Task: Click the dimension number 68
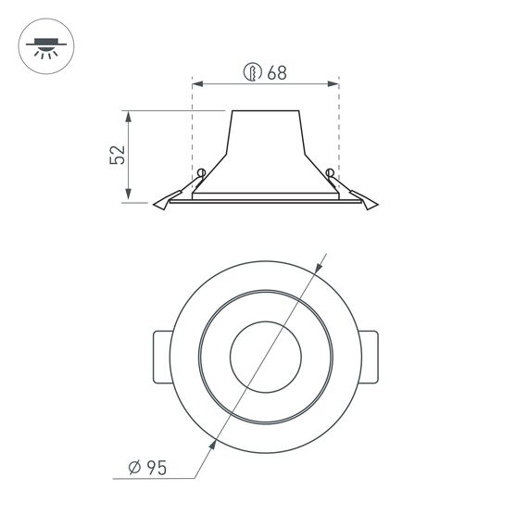276,73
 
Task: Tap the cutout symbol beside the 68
252,73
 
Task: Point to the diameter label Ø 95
146,469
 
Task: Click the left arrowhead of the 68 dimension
197,84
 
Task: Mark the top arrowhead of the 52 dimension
129,117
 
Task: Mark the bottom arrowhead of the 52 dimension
129,195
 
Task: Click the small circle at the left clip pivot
200,171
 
